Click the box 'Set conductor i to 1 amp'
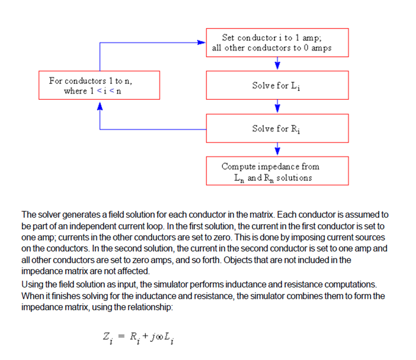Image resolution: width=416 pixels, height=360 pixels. coord(277,43)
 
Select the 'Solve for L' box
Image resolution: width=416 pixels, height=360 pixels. coord(277,85)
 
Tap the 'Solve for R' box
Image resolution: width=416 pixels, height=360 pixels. coord(277,128)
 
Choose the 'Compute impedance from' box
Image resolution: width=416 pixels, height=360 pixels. coord(277,171)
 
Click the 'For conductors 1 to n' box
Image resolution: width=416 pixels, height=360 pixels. coord(99,85)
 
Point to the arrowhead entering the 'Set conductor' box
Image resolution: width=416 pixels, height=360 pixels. coord(202,42)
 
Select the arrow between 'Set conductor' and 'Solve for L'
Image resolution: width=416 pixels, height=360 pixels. coord(277,64)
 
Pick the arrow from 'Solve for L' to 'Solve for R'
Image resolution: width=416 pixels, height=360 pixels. coord(277,107)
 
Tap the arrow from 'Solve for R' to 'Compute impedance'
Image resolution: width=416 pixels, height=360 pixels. coord(277,149)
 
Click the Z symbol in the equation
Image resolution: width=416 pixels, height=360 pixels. coord(106,337)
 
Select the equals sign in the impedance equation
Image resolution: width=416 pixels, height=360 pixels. coord(121,337)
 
